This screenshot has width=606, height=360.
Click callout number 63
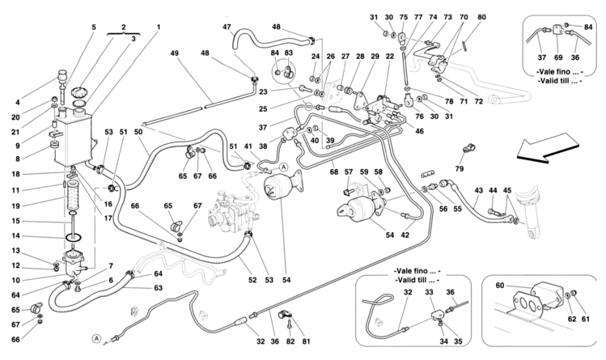(158, 288)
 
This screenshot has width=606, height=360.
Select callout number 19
(16, 206)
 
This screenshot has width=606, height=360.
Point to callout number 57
(349, 172)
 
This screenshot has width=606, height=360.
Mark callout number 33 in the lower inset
(430, 292)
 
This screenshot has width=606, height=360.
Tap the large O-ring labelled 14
(72, 236)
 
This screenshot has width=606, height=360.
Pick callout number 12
(16, 265)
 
